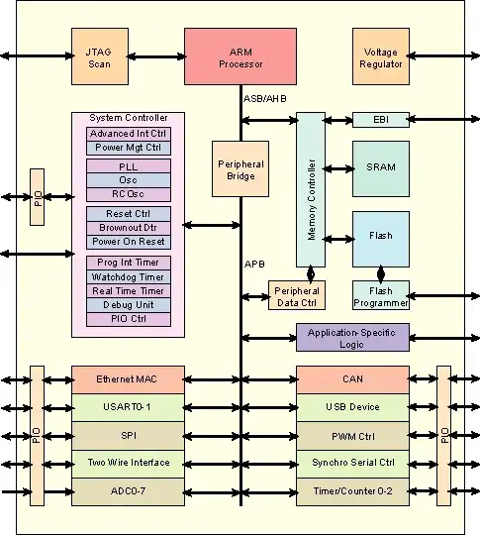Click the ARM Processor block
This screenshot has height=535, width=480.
[x=240, y=56]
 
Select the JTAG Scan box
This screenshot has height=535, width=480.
[x=100, y=56]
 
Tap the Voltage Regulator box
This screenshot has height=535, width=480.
[x=381, y=56]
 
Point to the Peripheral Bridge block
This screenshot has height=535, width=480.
[x=240, y=168]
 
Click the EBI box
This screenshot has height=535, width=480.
[x=381, y=120]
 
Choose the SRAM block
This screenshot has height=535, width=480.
[x=381, y=167]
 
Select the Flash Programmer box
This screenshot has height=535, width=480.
[x=381, y=295]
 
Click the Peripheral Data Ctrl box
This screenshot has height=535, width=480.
[x=296, y=295]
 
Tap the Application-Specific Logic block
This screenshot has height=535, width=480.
[x=352, y=337]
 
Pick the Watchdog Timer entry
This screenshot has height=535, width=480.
[x=129, y=276]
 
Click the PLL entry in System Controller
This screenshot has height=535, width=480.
[x=129, y=165]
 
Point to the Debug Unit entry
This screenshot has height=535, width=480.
[x=129, y=304]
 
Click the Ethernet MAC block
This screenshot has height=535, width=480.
[x=128, y=379]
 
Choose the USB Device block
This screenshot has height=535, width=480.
[x=352, y=407]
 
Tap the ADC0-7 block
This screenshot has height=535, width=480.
[x=128, y=490]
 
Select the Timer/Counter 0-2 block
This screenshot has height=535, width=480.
[x=352, y=490]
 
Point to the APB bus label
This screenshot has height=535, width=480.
[x=254, y=265]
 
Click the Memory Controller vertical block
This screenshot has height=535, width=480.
[x=311, y=188]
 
